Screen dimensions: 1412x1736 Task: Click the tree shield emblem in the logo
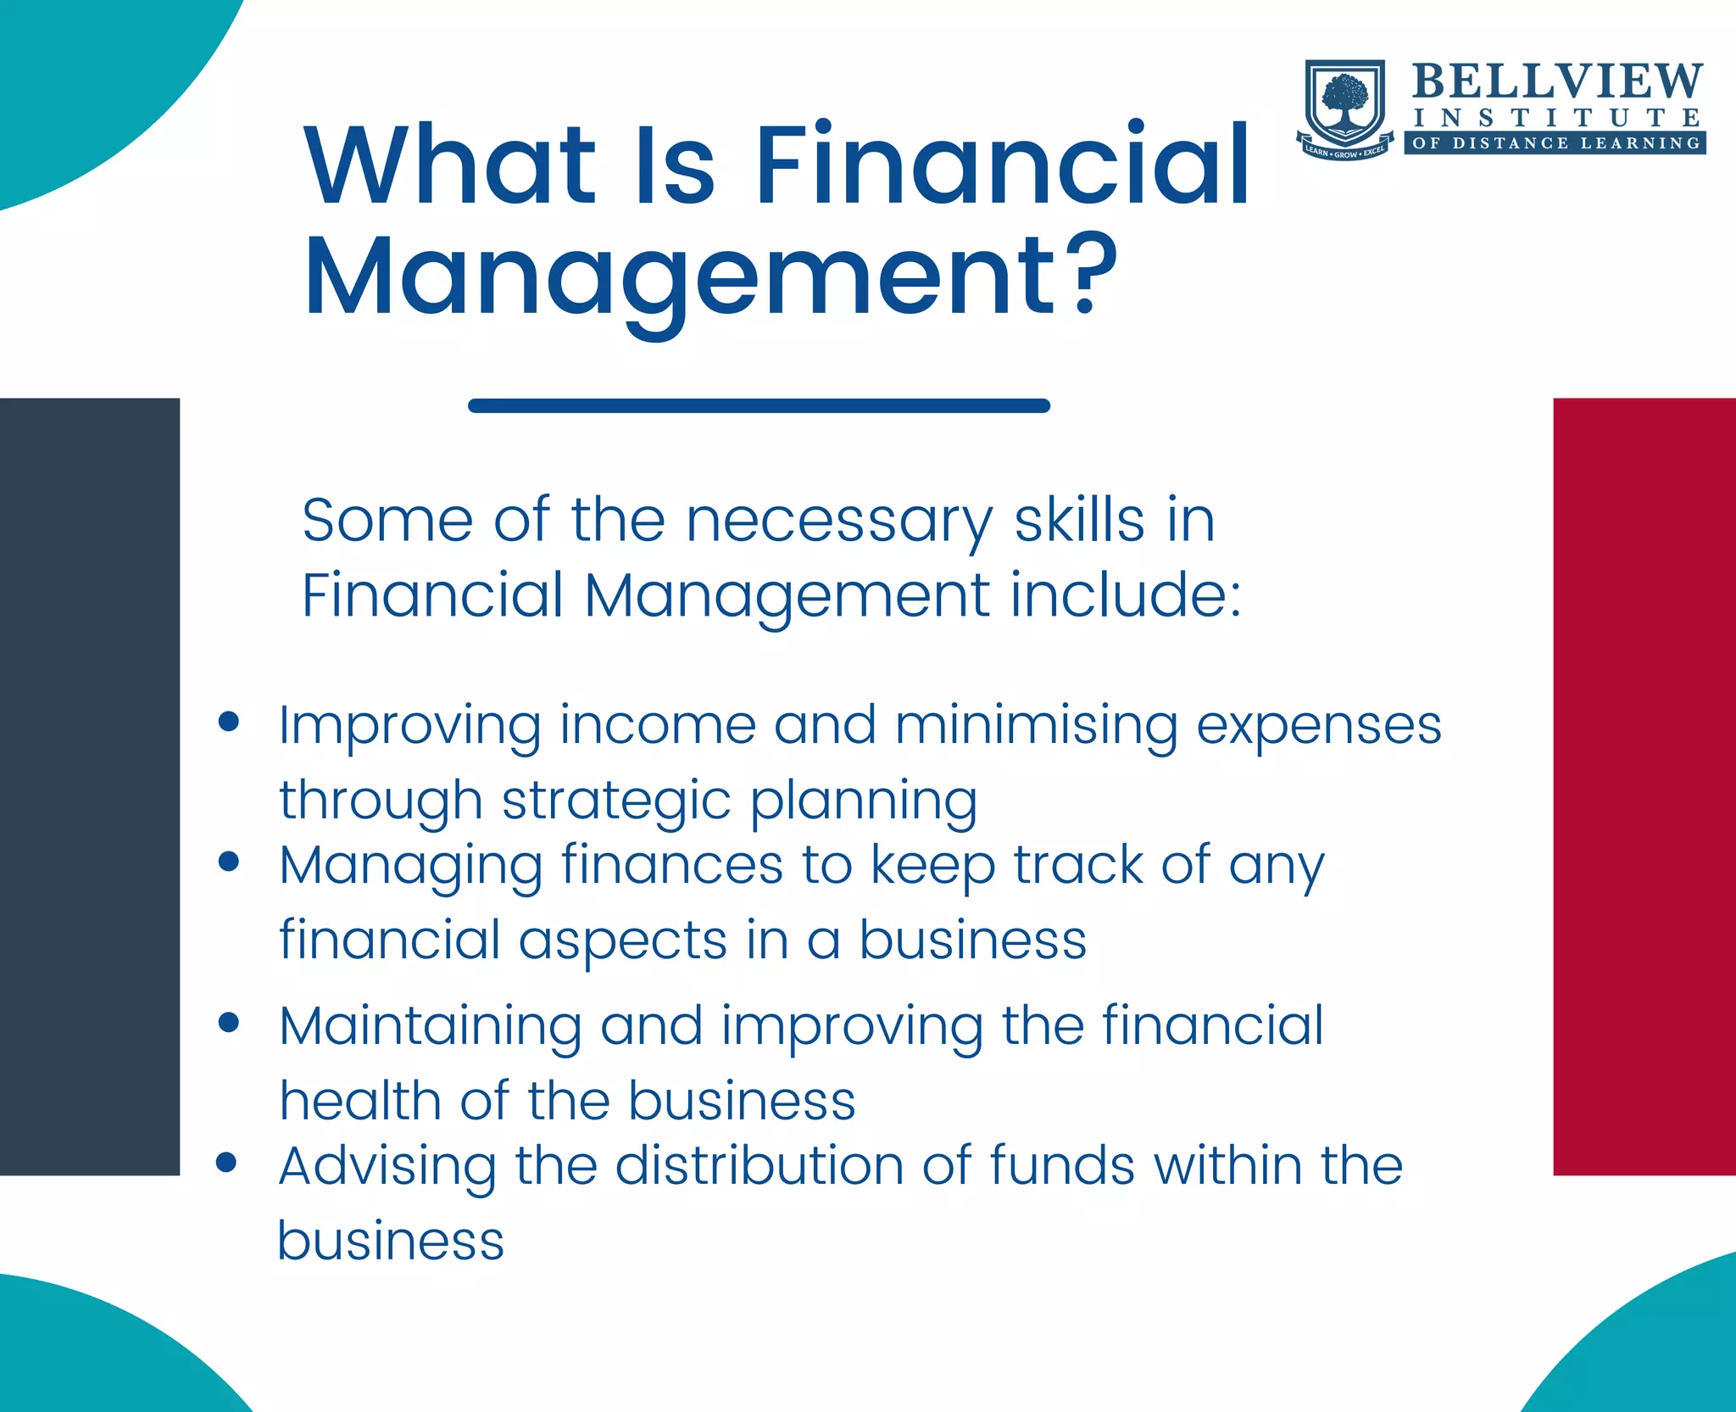[1345, 106]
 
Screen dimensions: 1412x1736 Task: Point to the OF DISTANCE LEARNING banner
[1556, 143]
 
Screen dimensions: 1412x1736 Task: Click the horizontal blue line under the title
[759, 406]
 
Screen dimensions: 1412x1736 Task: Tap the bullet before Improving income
[228, 722]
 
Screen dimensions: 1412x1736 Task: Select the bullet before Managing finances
[228, 862]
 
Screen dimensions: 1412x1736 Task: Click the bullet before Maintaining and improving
[228, 1022]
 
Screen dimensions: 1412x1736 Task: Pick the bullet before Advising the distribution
[226, 1162]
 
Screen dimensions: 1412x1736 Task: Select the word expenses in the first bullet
[1319, 728]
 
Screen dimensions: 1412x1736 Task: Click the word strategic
[616, 802]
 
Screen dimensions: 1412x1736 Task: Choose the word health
[360, 1101]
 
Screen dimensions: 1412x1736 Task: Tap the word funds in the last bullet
[1061, 1165]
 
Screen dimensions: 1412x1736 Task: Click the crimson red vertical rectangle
[1644, 786]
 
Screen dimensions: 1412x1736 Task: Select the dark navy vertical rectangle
[90, 786]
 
